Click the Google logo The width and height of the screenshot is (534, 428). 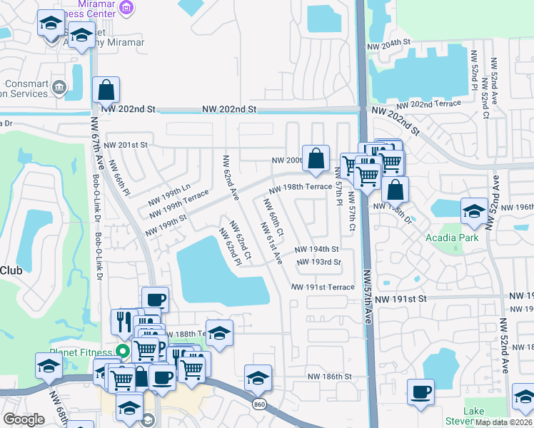(x=23, y=419)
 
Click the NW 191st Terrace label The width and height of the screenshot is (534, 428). (x=322, y=287)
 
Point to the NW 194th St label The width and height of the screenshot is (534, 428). (x=316, y=250)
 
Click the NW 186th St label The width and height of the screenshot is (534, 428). (x=330, y=376)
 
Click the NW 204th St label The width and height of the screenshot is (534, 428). (x=390, y=44)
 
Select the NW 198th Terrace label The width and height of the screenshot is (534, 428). (x=300, y=187)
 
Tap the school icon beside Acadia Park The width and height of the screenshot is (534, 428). (x=473, y=210)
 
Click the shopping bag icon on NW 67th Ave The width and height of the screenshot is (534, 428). (x=106, y=91)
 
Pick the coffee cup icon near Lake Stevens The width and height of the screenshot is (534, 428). (x=420, y=392)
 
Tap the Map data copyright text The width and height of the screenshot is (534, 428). (x=503, y=422)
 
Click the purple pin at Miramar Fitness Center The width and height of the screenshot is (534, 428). (x=126, y=9)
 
